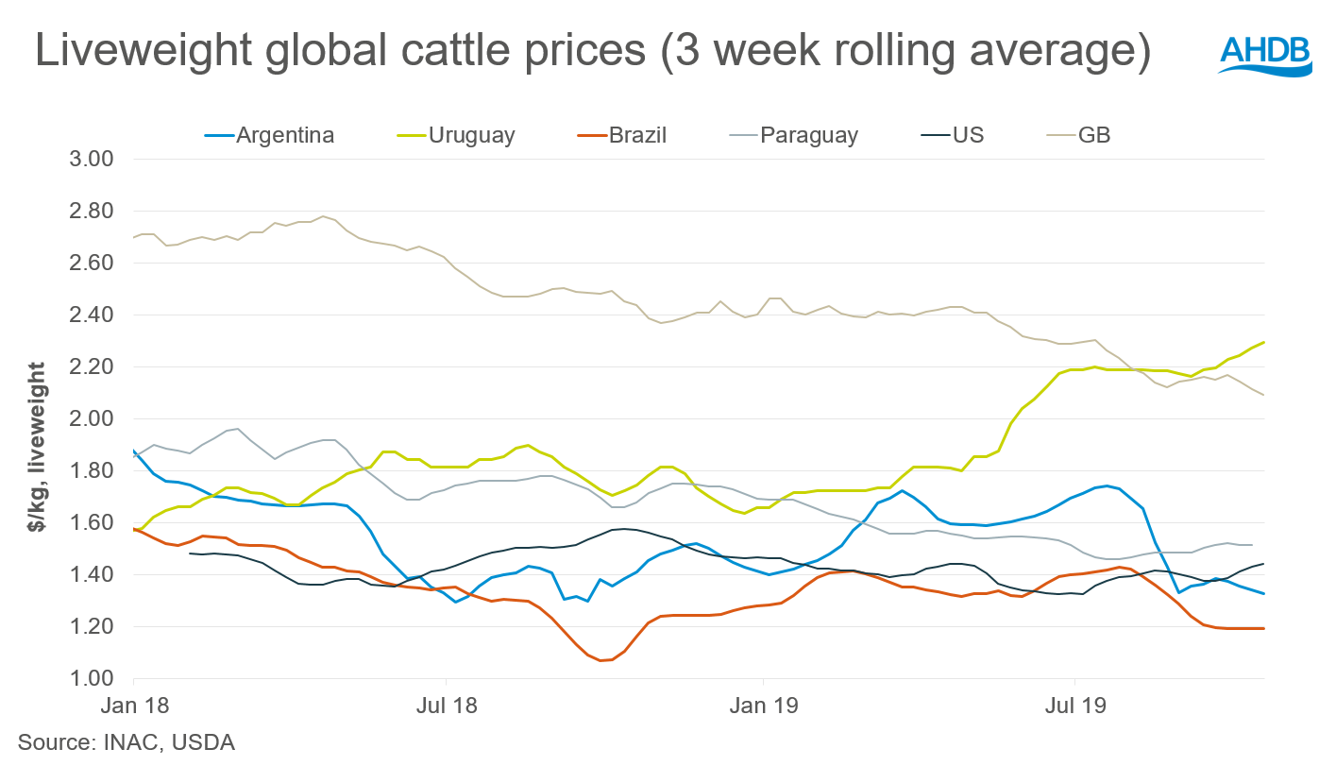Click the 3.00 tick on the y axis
(93, 159)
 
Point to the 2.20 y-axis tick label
(93, 366)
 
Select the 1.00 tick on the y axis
(93, 678)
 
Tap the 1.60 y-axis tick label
(93, 522)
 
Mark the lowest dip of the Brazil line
(601, 660)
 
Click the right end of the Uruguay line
(1264, 342)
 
